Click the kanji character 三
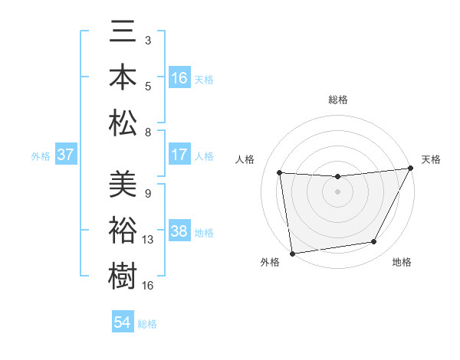[x=123, y=32]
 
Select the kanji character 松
[x=123, y=122]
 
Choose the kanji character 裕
[x=123, y=230]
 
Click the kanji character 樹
[x=123, y=275]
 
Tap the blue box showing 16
[x=179, y=77]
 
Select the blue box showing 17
[x=179, y=155]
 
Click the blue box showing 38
[x=179, y=231]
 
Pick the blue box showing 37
[x=66, y=155]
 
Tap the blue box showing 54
[x=123, y=322]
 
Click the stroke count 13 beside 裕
[x=149, y=240]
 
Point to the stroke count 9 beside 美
[x=147, y=194]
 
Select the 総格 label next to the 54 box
[x=147, y=323]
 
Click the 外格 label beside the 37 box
[x=41, y=155]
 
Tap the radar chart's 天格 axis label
[x=431, y=159]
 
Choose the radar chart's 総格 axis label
[x=338, y=100]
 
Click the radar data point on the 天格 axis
[x=411, y=169]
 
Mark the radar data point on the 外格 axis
[x=292, y=253]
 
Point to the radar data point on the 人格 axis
[x=280, y=173]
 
